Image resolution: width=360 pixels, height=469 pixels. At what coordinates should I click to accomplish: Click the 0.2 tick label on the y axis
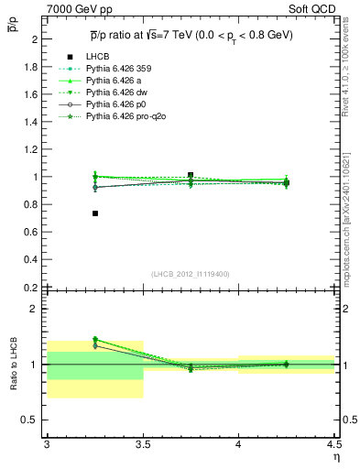(31, 288)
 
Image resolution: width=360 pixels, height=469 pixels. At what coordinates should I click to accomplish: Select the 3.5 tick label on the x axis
(142, 444)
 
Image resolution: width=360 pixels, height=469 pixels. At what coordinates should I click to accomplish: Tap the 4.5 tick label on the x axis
(333, 444)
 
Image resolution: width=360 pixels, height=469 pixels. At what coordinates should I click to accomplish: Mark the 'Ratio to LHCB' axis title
(13, 365)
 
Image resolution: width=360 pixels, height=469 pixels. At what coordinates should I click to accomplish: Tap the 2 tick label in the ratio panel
(32, 309)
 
